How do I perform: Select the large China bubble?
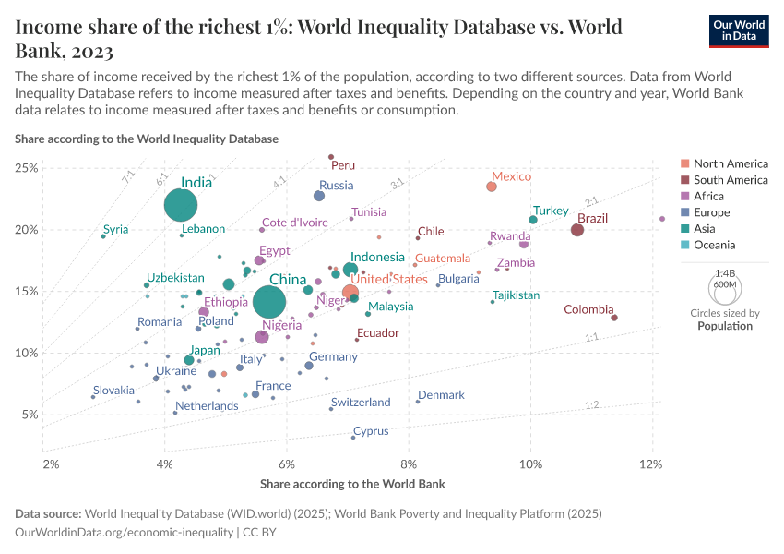[x=269, y=302]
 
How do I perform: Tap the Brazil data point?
[x=577, y=230]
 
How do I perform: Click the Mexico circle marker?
[x=492, y=187]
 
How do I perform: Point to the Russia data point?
[x=319, y=196]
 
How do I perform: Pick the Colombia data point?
[x=614, y=318]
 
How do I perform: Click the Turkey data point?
[x=533, y=220]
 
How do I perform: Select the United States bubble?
[x=350, y=293]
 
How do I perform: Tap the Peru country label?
[x=342, y=166]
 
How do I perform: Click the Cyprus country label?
[x=371, y=431]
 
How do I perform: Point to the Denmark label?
[x=441, y=395]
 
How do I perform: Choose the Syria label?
[x=116, y=230]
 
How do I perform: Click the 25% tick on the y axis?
[x=26, y=168]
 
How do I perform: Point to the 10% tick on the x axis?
[x=530, y=462]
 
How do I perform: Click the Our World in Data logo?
[x=739, y=30]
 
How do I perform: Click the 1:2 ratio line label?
[x=592, y=405]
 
